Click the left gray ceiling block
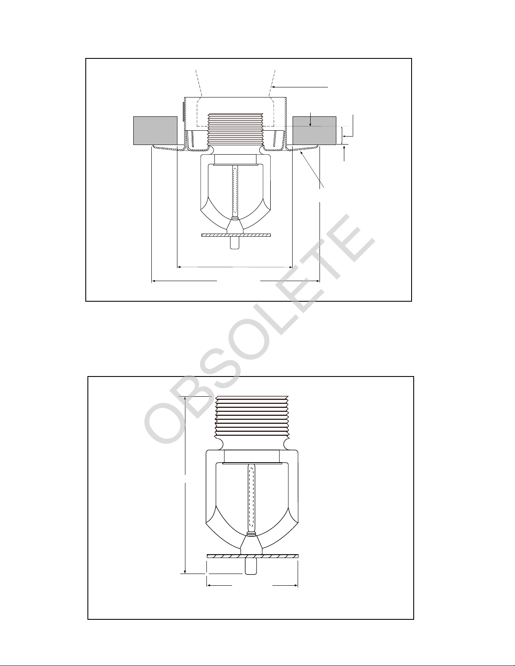pyautogui.click(x=155, y=131)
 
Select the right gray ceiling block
pyautogui.click(x=314, y=131)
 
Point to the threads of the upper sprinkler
pyautogui.click(x=235, y=129)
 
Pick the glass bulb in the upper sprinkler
pyautogui.click(x=235, y=191)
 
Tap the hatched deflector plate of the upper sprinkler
pyautogui.click(x=236, y=235)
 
